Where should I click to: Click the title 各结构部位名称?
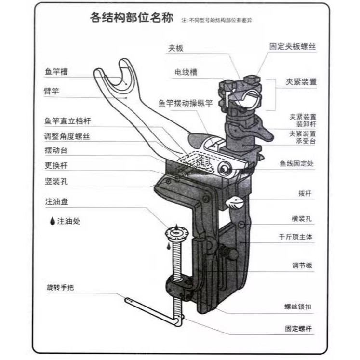pos(132,17)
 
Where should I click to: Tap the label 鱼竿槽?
pos(56,72)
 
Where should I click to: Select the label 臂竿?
pos(52,91)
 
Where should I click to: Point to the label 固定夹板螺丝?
pos(293,46)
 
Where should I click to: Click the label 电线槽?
pos(186,72)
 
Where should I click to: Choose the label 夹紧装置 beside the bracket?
pos(301,82)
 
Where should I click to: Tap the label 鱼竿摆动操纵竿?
pos(186,103)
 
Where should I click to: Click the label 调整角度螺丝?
pos(67,136)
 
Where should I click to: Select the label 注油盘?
pos(57,202)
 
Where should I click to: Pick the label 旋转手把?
pos(60,287)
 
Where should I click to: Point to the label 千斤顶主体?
pos(295,237)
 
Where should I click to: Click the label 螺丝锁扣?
pos(298,307)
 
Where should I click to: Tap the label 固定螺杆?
pos(298,328)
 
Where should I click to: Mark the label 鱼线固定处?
pos(297,163)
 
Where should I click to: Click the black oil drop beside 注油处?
pos(53,221)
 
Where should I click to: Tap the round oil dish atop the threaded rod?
pos(176,234)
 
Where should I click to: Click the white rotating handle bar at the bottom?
pos(154,311)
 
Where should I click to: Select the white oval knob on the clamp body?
pos(234,203)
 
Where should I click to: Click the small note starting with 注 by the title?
pos(216,20)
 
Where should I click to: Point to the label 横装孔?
pos(302,219)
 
